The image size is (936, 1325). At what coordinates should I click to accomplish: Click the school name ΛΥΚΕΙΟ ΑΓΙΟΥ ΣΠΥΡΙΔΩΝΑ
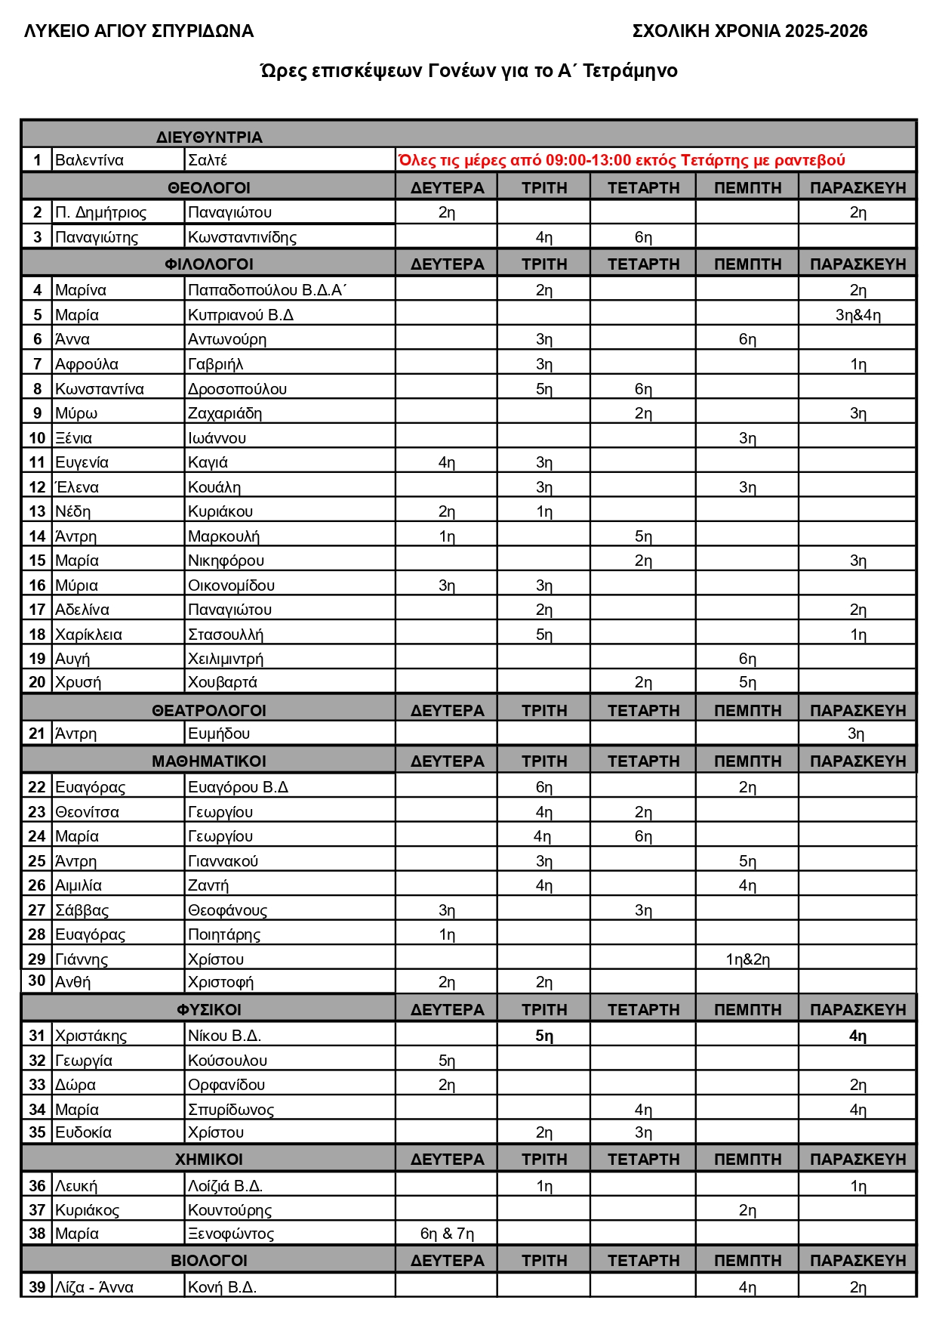coord(139,31)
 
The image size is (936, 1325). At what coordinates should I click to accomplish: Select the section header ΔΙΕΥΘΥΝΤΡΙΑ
coord(209,137)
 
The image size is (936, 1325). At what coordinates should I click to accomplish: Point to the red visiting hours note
coord(621,160)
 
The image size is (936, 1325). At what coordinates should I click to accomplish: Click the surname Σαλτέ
coord(208,160)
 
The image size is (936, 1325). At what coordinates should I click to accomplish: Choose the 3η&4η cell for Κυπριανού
coord(857,315)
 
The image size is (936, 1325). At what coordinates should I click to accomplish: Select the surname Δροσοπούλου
coord(237,389)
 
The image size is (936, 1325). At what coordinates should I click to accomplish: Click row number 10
coord(37,438)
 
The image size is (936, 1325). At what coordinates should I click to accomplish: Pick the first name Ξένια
coord(73,438)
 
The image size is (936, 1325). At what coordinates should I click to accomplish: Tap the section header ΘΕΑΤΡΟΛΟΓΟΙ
coord(209,711)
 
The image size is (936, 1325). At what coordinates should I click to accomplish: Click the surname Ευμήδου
coord(219,734)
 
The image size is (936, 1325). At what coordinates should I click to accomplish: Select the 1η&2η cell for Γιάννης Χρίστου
coord(747,959)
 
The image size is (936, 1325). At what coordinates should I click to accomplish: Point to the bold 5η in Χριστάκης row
coord(544,1036)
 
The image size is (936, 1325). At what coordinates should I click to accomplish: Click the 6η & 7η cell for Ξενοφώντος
coord(447,1234)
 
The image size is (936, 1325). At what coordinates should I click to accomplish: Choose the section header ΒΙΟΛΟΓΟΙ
coord(209,1261)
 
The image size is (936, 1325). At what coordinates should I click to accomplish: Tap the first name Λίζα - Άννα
coord(94,1287)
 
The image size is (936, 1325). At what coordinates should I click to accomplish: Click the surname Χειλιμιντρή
coord(226,659)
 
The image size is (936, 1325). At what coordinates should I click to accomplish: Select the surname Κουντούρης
coord(229,1210)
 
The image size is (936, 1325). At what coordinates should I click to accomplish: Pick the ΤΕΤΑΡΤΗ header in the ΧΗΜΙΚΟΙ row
coord(643,1160)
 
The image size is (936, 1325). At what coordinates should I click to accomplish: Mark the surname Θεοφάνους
coord(227,910)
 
